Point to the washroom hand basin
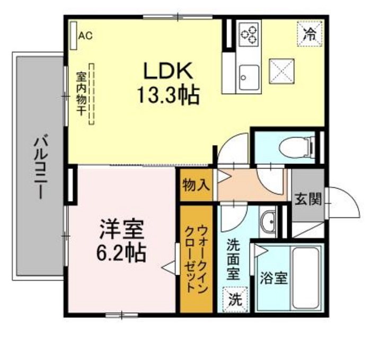(x=269, y=221)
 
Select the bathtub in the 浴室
(x=305, y=276)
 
